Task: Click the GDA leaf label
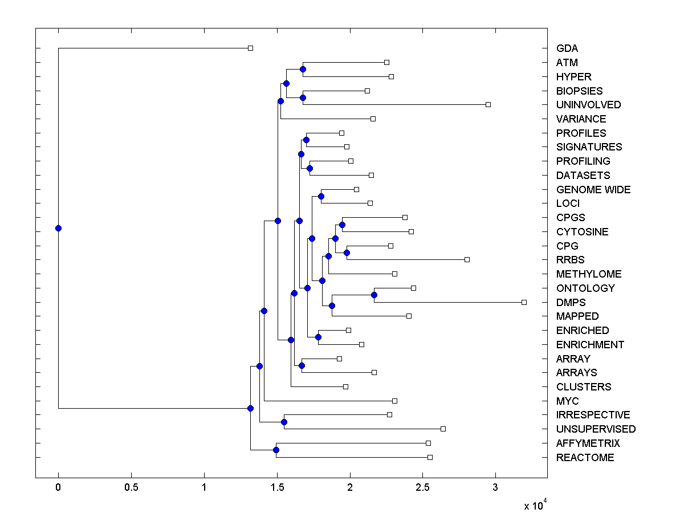(x=567, y=48)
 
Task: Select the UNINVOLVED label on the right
(x=588, y=105)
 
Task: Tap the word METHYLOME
(x=589, y=274)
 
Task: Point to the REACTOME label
(x=585, y=458)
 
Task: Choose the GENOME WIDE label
(x=593, y=190)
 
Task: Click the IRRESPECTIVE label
(x=593, y=415)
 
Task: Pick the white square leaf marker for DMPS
(x=524, y=302)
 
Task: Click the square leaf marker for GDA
(x=250, y=48)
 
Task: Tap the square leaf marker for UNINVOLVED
(x=488, y=104)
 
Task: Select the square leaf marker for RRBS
(x=467, y=259)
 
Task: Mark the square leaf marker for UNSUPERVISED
(x=443, y=429)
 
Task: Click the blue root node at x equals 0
(x=58, y=228)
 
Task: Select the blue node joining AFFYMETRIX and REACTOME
(x=276, y=450)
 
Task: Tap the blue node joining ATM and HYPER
(x=303, y=69)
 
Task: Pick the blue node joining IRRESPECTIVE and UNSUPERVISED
(x=284, y=422)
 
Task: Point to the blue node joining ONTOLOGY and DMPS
(x=374, y=295)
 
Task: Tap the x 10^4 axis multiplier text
(x=535, y=504)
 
